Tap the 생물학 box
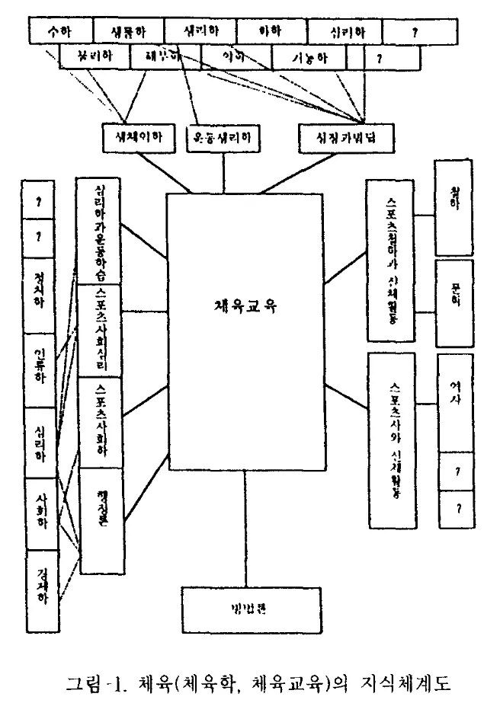click(x=129, y=31)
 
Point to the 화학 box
click(x=271, y=31)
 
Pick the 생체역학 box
click(x=142, y=138)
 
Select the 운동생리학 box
click(x=223, y=138)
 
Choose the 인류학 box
click(x=40, y=369)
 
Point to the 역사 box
click(x=454, y=401)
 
